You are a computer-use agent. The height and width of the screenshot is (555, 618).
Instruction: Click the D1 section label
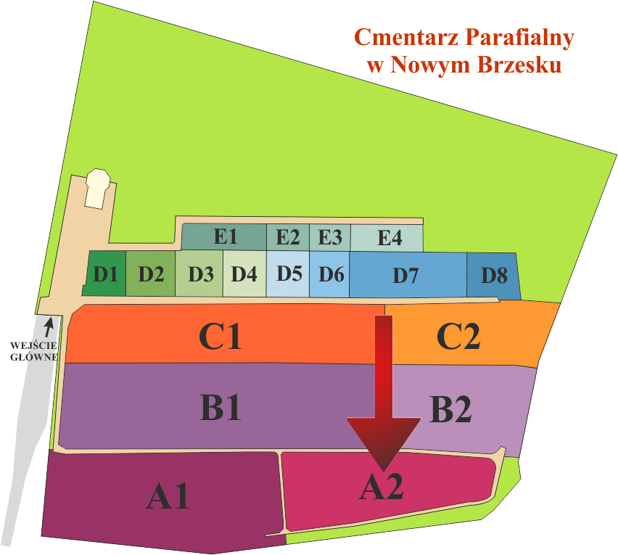(x=106, y=274)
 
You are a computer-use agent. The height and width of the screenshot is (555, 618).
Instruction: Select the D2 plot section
(x=152, y=274)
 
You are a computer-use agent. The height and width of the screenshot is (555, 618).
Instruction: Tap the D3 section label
(x=200, y=274)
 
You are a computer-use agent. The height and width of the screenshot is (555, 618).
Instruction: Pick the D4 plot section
(x=244, y=274)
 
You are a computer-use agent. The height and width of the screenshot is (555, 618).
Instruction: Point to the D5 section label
(x=289, y=274)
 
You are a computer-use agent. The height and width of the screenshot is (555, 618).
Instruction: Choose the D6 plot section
(x=331, y=274)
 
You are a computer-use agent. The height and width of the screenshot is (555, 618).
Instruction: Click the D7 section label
(x=405, y=275)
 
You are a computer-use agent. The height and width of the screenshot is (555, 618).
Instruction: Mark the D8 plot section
(x=494, y=276)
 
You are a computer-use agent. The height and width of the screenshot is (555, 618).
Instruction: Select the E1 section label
(x=226, y=236)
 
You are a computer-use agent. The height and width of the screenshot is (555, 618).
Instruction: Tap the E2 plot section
(x=288, y=236)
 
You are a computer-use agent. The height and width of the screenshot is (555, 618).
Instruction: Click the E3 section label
(x=330, y=236)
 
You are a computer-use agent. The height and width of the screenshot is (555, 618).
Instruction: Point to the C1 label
(x=221, y=336)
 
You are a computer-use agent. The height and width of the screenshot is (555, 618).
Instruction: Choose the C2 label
(x=458, y=336)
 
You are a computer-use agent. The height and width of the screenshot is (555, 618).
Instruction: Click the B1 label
(x=221, y=408)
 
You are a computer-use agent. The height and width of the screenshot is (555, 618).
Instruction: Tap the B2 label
(x=450, y=410)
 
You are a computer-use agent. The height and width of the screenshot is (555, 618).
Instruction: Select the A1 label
(x=168, y=497)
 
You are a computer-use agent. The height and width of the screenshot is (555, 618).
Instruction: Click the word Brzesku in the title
(x=519, y=65)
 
